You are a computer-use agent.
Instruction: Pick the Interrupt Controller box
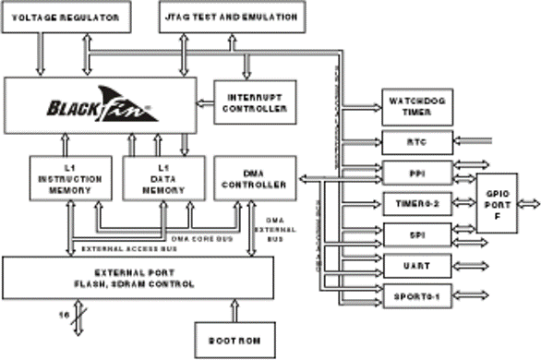254,102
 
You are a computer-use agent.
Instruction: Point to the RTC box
415,142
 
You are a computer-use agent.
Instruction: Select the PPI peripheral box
415,173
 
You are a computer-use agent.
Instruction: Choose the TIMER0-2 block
415,203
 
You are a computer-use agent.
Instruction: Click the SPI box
415,234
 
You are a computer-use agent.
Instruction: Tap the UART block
415,266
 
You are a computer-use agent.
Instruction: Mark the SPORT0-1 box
415,296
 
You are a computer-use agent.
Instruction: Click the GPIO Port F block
503,201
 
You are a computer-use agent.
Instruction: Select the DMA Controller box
253,178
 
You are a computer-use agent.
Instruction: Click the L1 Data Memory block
158,178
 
